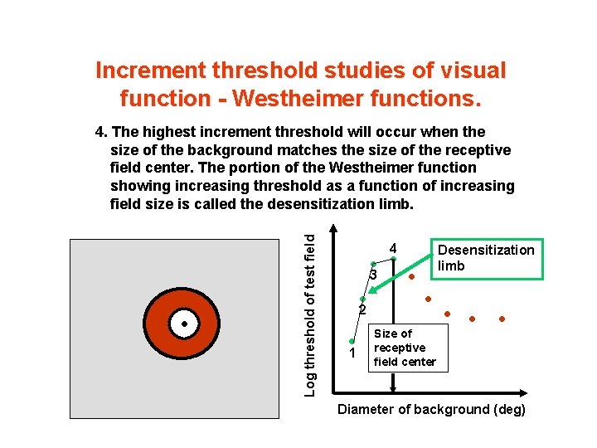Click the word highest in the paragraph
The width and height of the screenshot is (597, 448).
pyautogui.click(x=164, y=132)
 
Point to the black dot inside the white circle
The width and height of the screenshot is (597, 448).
pyautogui.click(x=185, y=324)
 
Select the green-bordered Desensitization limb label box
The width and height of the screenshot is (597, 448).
pyautogui.click(x=485, y=258)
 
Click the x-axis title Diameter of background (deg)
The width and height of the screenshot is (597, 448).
pyautogui.click(x=431, y=410)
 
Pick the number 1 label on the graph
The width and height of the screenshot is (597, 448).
pyautogui.click(x=352, y=354)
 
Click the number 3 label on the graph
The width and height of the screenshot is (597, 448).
pyautogui.click(x=374, y=275)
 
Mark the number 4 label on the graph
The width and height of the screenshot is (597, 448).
pyautogui.click(x=394, y=249)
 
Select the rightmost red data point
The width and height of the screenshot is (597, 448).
pyautogui.click(x=502, y=319)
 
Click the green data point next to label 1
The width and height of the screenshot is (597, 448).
pyautogui.click(x=352, y=341)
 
